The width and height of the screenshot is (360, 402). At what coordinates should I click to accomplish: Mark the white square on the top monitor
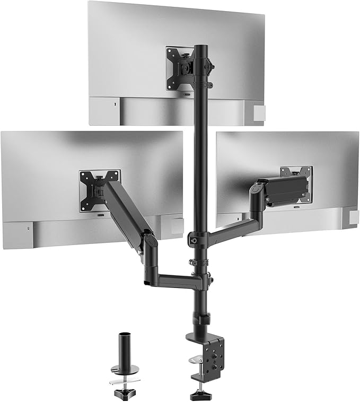tap(258, 112)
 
